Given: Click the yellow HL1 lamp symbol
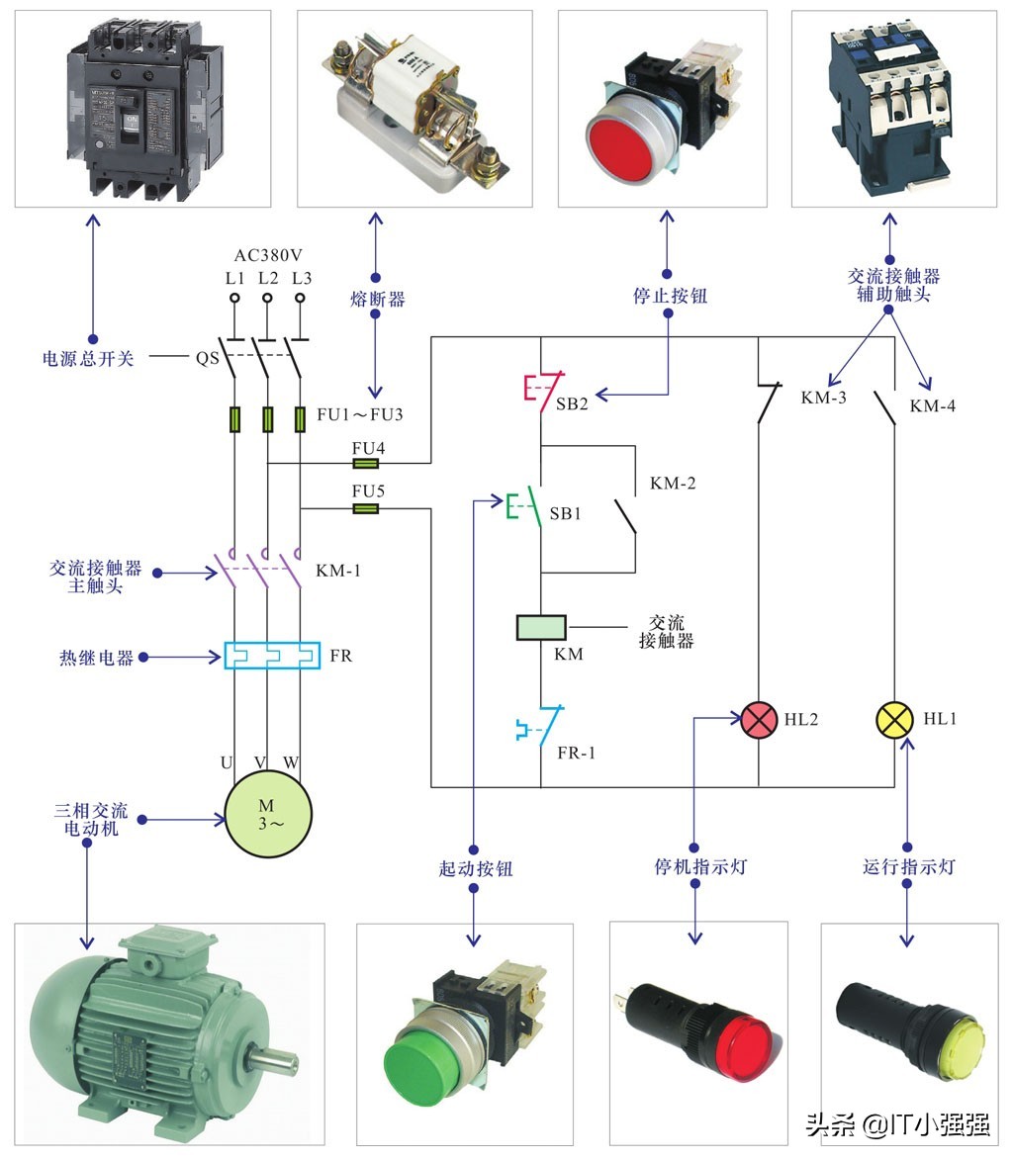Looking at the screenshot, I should click(x=895, y=720).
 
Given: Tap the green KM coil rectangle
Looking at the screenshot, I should click(x=541, y=627).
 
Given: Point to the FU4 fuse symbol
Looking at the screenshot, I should click(x=367, y=463).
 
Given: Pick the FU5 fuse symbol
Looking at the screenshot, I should click(x=367, y=508).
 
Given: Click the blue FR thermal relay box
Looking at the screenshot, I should click(x=272, y=656).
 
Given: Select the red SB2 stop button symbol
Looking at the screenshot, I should click(x=543, y=390).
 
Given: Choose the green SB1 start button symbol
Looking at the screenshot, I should click(x=523, y=506).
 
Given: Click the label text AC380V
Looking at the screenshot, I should click(x=268, y=254).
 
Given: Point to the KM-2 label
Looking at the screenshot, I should click(x=673, y=484).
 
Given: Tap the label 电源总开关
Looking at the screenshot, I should click(x=88, y=358).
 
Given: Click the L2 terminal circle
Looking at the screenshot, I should click(x=267, y=298).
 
